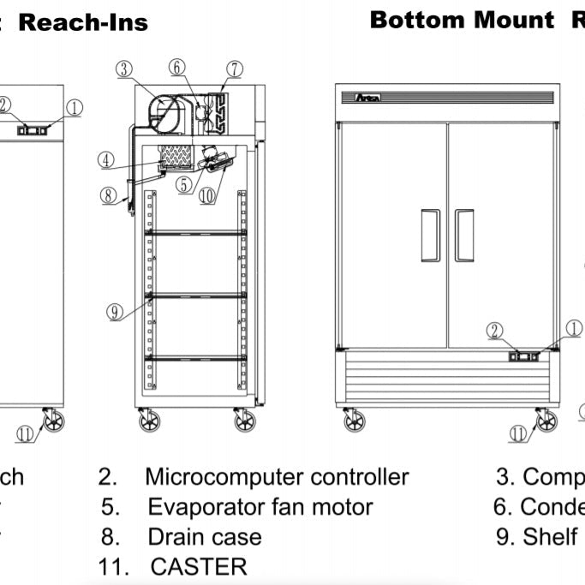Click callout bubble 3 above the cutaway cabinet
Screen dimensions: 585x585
(124, 69)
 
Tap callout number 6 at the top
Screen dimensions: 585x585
(176, 67)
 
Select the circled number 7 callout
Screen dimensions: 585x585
(234, 69)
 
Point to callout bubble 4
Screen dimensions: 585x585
(106, 159)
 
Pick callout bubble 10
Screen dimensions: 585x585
(206, 194)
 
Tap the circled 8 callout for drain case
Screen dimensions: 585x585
(108, 195)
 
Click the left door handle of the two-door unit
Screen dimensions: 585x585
(431, 235)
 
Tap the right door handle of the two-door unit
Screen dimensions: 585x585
(464, 235)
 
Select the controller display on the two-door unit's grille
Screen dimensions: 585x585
(523, 355)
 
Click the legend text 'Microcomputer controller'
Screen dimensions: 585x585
(276, 477)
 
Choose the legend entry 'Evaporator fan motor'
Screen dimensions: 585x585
(260, 507)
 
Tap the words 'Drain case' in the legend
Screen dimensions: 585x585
(205, 537)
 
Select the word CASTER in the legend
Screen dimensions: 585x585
(198, 566)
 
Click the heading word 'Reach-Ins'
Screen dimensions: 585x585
(83, 23)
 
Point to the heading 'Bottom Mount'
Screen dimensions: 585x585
(462, 21)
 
